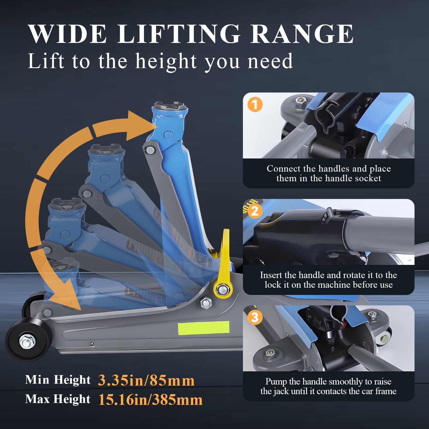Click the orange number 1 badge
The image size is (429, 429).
click(x=255, y=105)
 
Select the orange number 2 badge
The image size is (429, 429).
click(x=255, y=211)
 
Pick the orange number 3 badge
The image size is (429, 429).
click(x=255, y=317)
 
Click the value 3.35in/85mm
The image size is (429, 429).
click(x=146, y=380)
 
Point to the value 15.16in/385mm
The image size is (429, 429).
click(x=150, y=400)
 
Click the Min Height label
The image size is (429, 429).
click(x=58, y=380)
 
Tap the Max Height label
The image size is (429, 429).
click(x=58, y=399)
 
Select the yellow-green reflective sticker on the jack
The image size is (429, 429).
click(x=204, y=328)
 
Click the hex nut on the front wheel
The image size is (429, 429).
click(x=27, y=341)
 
